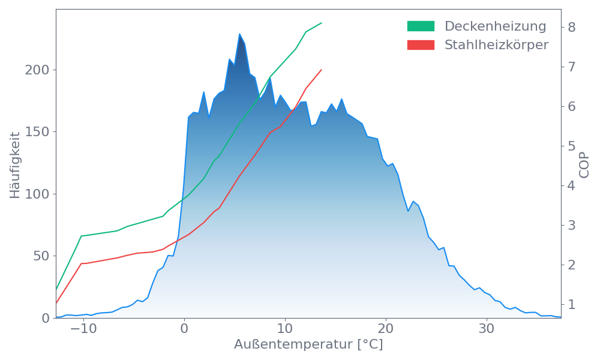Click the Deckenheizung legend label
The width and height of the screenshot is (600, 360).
[x=495, y=26]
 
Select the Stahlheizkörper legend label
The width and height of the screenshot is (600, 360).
[x=496, y=45]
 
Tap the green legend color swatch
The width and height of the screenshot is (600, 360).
[x=421, y=26]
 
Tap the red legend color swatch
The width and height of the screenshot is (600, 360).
[x=421, y=45]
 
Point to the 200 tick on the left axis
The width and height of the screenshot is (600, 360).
[x=37, y=70]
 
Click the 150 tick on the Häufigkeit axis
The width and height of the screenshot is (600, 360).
[x=37, y=132]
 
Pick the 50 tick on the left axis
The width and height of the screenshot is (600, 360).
[x=40, y=256]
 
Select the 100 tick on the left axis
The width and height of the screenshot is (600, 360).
[x=37, y=194]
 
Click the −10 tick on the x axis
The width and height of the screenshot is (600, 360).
[x=83, y=329]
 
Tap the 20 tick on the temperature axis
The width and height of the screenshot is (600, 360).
[x=386, y=329]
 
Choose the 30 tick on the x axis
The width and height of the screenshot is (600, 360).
[x=487, y=329]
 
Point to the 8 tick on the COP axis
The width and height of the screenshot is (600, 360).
[x=572, y=27]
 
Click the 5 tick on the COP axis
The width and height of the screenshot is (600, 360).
[x=572, y=146]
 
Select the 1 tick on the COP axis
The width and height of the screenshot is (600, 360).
[x=572, y=304]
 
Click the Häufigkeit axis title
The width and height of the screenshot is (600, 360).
[x=16, y=165]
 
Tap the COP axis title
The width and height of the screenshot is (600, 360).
[x=584, y=165]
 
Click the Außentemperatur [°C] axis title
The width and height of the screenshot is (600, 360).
[x=308, y=345]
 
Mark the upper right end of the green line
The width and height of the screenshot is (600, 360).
[x=322, y=23]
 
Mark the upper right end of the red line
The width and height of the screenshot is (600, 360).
[x=322, y=70]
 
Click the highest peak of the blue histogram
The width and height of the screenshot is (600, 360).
[x=239, y=34]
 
